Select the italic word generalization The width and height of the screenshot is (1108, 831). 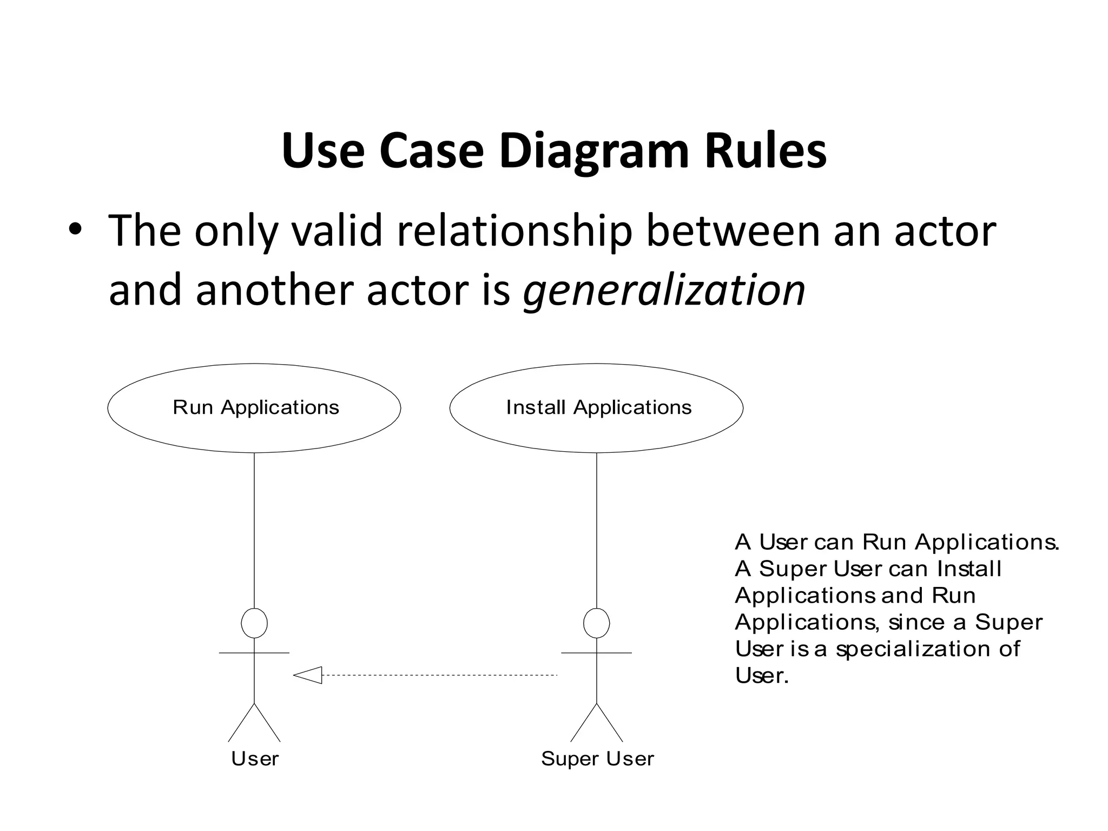click(664, 291)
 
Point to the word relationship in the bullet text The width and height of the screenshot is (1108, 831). click(514, 232)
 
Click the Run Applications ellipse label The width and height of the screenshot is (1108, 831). click(255, 407)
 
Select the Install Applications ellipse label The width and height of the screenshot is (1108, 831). click(598, 407)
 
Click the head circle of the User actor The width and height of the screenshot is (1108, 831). click(254, 623)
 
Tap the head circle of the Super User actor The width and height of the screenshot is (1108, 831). click(596, 623)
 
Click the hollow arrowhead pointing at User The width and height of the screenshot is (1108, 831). click(309, 675)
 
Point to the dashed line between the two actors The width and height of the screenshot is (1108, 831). click(438, 675)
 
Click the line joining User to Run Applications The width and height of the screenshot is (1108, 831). click(254, 530)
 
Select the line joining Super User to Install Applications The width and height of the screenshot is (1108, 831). click(596, 530)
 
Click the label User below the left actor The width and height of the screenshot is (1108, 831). click(254, 759)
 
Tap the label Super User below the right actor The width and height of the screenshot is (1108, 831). click(597, 759)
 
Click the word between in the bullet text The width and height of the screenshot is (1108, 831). click(733, 232)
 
